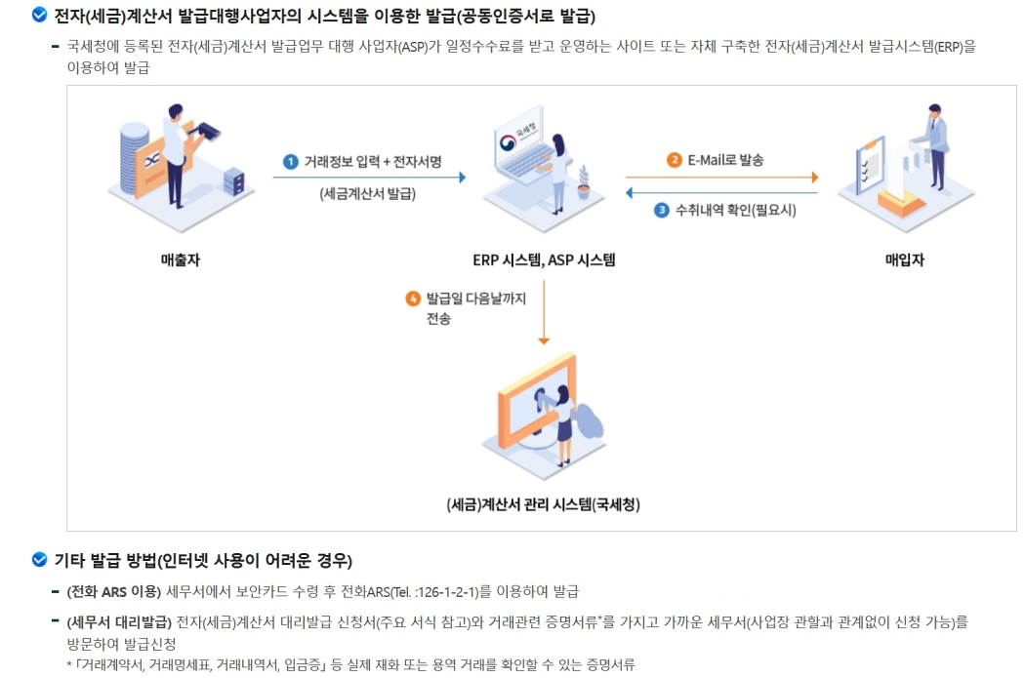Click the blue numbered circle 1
tap(290, 161)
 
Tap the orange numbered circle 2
tap(675, 160)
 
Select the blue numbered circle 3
tap(661, 209)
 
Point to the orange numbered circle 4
tap(413, 299)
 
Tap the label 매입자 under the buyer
tap(904, 260)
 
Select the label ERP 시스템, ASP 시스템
tap(544, 260)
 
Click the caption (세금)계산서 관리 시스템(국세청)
tap(543, 504)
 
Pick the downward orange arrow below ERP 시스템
tap(544, 312)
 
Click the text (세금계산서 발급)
tap(367, 193)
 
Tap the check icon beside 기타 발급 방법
tap(39, 560)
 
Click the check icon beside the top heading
tap(39, 15)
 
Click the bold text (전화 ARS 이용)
tap(113, 591)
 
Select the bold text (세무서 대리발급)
tap(118, 621)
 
